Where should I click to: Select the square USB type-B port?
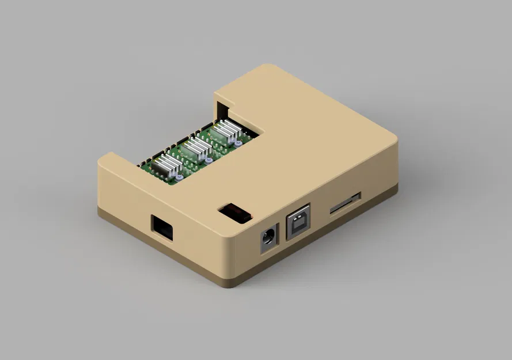pyautogui.click(x=298, y=222)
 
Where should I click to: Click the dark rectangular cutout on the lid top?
pyautogui.click(x=235, y=213)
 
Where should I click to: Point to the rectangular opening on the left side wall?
pyautogui.click(x=162, y=228)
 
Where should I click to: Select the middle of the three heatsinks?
pyautogui.click(x=196, y=148)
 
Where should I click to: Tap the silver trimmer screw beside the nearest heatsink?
pyautogui.click(x=181, y=179)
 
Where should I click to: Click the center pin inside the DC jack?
pyautogui.click(x=268, y=237)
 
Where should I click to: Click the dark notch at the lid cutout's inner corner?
pyautogui.click(x=222, y=107)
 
